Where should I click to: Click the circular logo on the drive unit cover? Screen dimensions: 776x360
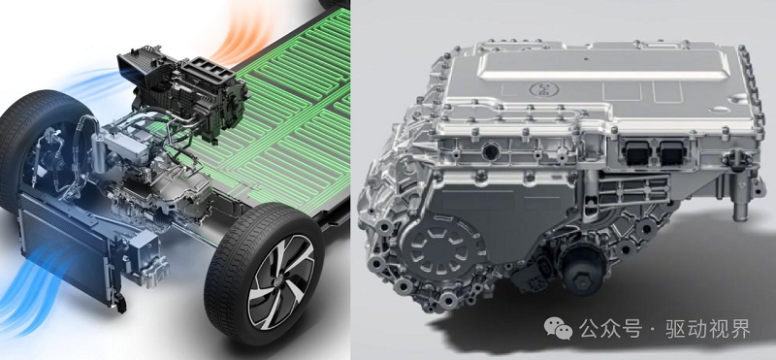pyautogui.click(x=543, y=89)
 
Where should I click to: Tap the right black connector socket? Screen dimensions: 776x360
pyautogui.click(x=673, y=152)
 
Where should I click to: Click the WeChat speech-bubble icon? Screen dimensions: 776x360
pyautogui.click(x=559, y=329)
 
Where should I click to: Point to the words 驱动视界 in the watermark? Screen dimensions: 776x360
pyautogui.click(x=712, y=329)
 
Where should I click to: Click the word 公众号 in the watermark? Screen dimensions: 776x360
pyautogui.click(x=610, y=329)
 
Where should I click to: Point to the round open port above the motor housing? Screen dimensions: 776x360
pyautogui.click(x=491, y=151)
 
